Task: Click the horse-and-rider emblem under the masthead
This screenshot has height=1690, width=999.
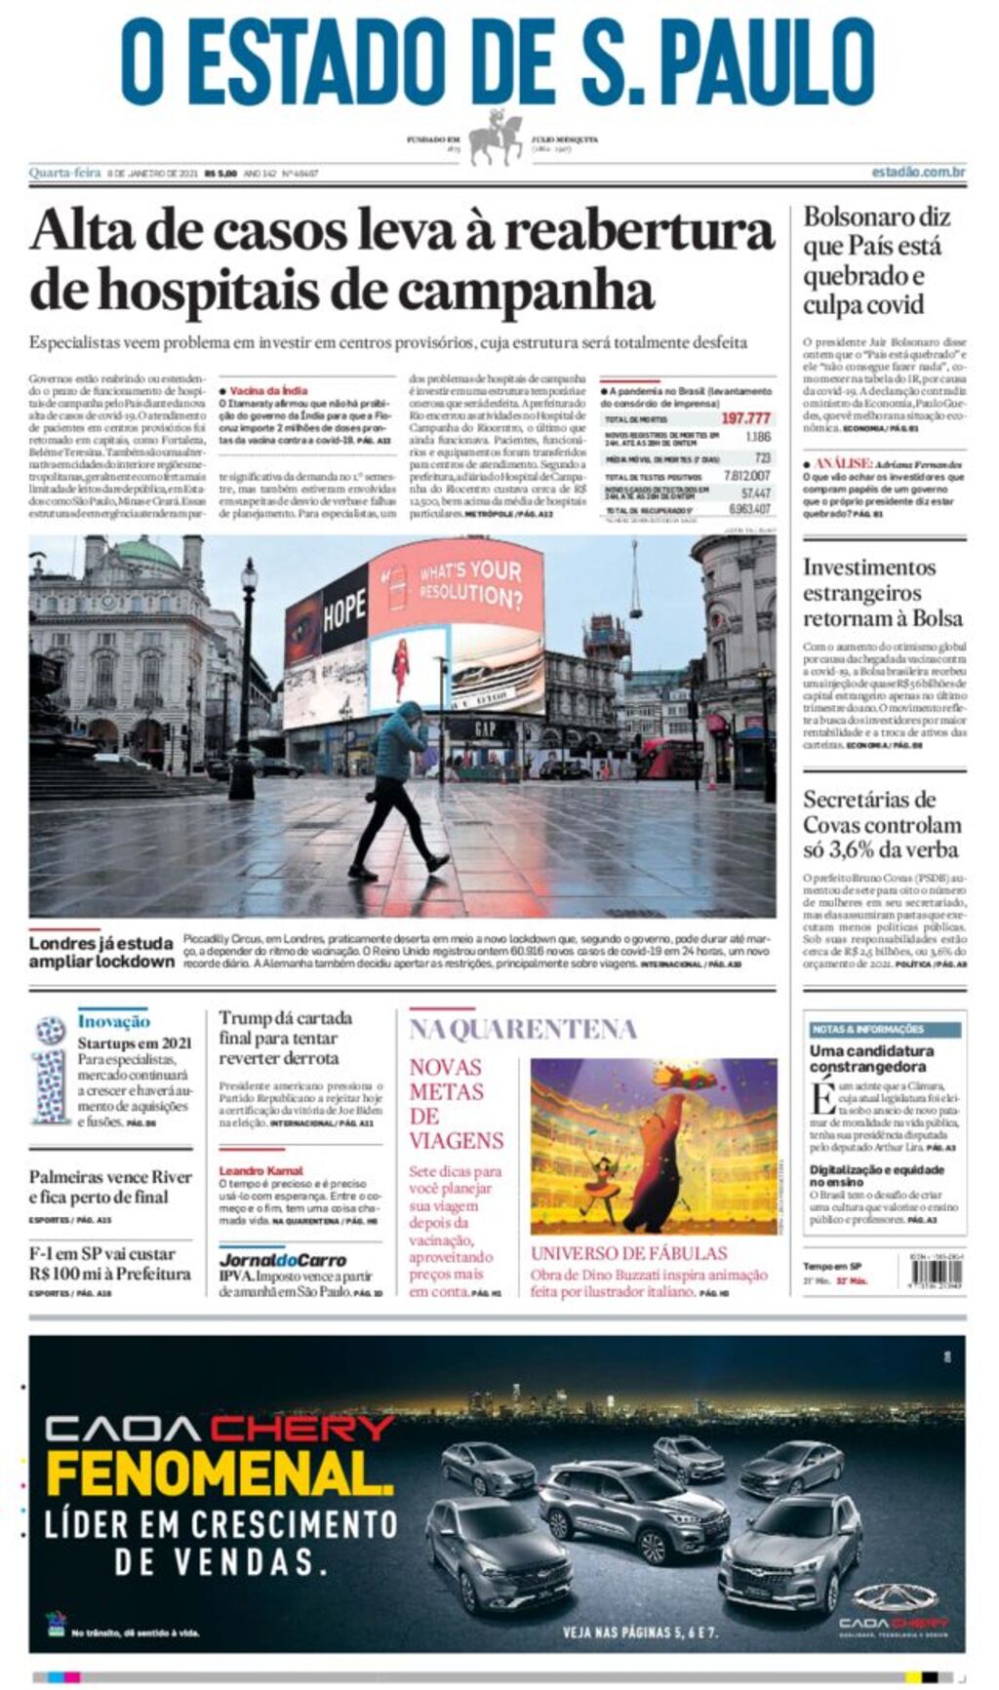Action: [497, 138]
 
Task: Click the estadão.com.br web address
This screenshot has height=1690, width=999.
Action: [918, 173]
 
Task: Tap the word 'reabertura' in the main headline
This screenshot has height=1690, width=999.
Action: [638, 232]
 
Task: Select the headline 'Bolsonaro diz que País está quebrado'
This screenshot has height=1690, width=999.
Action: [876, 260]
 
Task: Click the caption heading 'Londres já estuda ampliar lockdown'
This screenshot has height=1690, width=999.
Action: [100, 952]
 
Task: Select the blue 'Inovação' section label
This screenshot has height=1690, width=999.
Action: [113, 1021]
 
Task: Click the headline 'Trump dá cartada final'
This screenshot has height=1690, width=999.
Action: [285, 1038]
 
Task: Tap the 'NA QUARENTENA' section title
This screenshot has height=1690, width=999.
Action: [522, 1029]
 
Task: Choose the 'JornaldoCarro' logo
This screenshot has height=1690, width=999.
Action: [282, 1259]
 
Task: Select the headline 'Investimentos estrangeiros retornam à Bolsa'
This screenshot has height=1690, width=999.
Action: [882, 593]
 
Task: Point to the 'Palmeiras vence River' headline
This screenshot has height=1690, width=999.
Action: [110, 1187]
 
